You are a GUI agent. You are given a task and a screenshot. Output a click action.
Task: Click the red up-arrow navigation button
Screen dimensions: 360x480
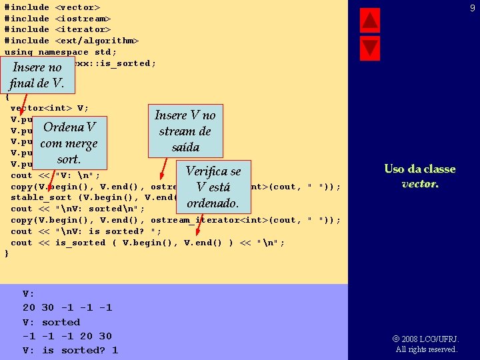(369, 21)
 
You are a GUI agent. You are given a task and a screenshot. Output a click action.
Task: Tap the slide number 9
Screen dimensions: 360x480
(472, 8)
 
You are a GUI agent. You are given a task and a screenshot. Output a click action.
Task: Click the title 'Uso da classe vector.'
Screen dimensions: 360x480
(419, 176)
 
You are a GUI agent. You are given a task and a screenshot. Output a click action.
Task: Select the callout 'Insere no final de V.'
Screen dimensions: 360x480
(37, 75)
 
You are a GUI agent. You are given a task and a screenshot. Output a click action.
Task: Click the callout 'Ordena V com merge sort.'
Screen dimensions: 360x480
(69, 143)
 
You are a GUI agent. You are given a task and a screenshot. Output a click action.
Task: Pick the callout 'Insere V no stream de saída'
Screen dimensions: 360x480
(185, 131)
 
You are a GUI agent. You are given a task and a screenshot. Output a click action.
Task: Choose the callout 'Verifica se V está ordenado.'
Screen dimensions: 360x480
(213, 187)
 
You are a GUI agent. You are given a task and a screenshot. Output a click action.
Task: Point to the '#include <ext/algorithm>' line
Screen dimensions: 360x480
(71, 41)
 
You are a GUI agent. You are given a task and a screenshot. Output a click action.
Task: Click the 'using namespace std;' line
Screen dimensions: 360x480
(61, 52)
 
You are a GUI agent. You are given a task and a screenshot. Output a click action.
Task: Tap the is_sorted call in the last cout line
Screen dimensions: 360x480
(80, 243)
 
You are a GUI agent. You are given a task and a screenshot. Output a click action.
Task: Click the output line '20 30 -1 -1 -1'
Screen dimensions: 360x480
(67, 308)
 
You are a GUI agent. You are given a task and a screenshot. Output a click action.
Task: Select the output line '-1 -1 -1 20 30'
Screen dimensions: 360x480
(67, 336)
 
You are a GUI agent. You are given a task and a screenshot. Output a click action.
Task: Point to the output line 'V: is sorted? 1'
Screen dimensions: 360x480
(70, 350)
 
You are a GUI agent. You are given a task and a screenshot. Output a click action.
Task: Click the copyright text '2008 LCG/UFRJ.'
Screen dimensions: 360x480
(430, 339)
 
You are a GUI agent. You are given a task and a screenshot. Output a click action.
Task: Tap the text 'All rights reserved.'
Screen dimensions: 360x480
(427, 349)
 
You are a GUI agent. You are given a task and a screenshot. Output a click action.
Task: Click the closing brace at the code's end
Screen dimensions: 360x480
(7, 254)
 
